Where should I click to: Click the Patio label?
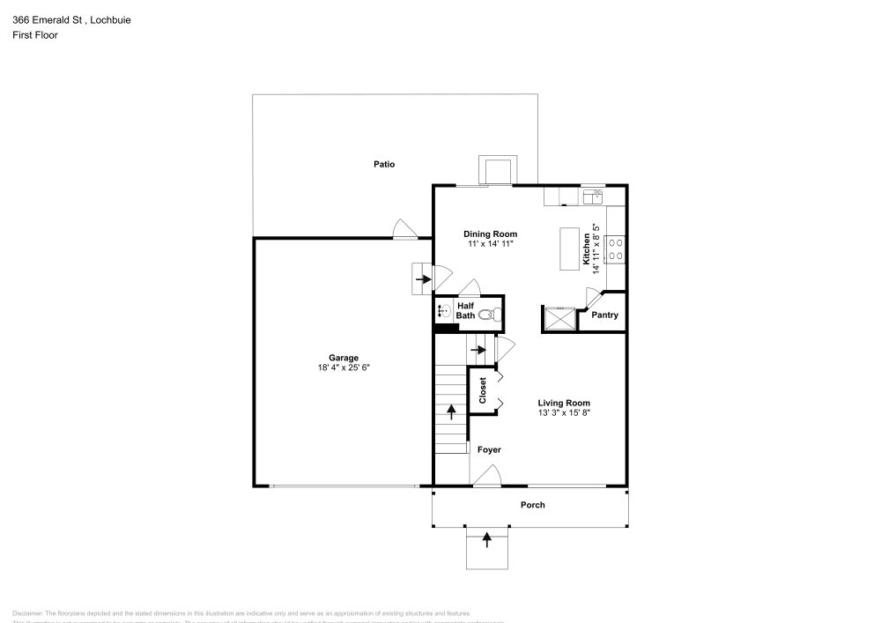pos(383,164)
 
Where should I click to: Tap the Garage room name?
pos(344,358)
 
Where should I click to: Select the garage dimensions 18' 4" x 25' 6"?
pos(344,368)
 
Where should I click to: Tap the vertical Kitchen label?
pos(587,248)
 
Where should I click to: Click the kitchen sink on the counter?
pos(593,197)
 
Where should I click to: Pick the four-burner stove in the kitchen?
pos(615,248)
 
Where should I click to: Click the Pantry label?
pos(604,315)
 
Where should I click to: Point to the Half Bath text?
pos(465,309)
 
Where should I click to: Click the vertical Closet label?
pos(483,390)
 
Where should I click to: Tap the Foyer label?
pos(489,450)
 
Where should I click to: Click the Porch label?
pos(532,505)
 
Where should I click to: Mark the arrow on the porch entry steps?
pos(486,540)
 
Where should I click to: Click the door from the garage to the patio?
pos(405,230)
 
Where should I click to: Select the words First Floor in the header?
pos(35,35)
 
